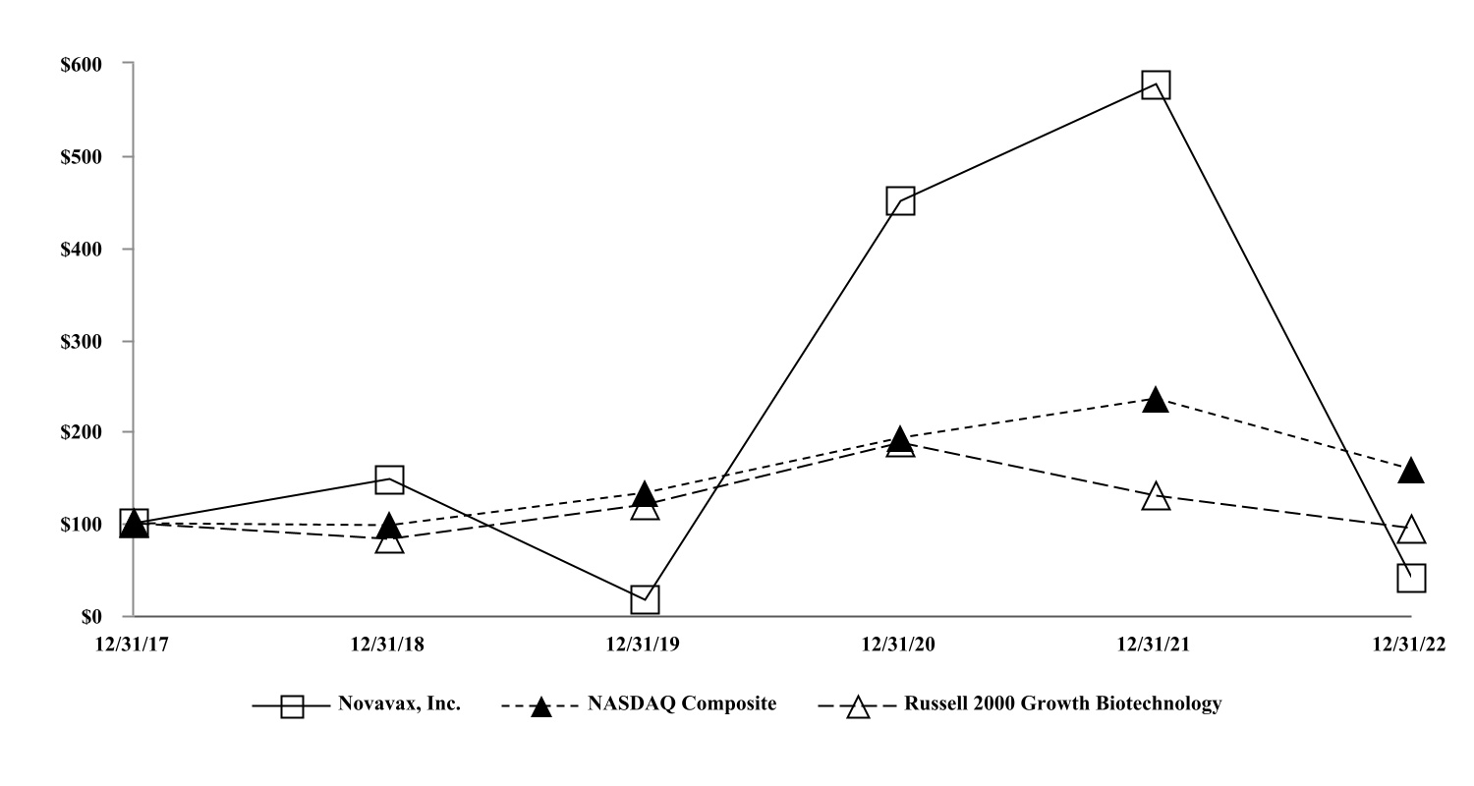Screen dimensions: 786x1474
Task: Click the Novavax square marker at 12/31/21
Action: pyautogui.click(x=1156, y=84)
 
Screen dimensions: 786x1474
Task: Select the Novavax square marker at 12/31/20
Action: pyautogui.click(x=900, y=201)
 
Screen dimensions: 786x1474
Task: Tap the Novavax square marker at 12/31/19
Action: pyautogui.click(x=645, y=599)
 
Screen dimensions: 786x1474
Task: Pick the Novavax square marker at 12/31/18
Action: pyautogui.click(x=389, y=479)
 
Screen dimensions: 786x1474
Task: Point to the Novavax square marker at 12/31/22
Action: pyautogui.click(x=1411, y=578)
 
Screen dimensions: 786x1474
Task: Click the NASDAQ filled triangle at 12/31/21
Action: pyautogui.click(x=1156, y=400)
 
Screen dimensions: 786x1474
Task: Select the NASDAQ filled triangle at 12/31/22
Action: pyautogui.click(x=1411, y=471)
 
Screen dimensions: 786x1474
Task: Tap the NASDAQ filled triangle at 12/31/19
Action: pyautogui.click(x=645, y=494)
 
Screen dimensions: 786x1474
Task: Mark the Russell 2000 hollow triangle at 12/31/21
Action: pyautogui.click(x=1156, y=497)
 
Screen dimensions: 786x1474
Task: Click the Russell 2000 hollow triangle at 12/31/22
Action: pyautogui.click(x=1411, y=530)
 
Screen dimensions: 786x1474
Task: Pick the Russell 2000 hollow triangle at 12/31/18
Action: pyautogui.click(x=389, y=540)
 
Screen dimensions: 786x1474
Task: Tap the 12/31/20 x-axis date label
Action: pyautogui.click(x=900, y=645)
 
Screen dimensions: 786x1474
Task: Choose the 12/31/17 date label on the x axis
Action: pyautogui.click(x=134, y=645)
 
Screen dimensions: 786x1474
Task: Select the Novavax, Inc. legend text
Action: pyautogui.click(x=399, y=703)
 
